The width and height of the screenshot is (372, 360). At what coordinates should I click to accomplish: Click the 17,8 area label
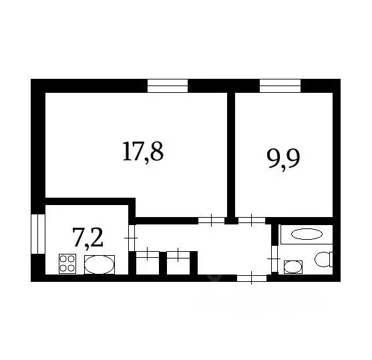[x=142, y=152]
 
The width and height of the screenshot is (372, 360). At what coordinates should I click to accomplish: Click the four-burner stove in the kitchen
[x=67, y=264]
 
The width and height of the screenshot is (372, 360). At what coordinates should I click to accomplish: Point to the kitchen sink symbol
[x=99, y=264]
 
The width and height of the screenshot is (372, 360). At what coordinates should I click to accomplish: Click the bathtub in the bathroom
[x=306, y=234]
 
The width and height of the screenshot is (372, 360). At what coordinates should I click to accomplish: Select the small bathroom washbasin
[x=293, y=266]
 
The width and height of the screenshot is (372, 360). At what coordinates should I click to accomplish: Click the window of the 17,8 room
[x=168, y=85]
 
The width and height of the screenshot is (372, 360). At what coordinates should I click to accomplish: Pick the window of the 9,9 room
[x=280, y=85]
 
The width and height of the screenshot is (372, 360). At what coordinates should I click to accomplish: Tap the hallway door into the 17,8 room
[x=211, y=220]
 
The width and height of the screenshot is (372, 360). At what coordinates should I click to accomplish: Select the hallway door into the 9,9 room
[x=252, y=220]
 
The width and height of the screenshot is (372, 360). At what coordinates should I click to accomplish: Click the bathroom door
[x=274, y=257]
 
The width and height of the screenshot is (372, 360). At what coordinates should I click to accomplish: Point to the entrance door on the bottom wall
[x=251, y=277]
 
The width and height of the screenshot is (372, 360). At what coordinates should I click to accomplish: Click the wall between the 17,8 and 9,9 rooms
[x=230, y=154]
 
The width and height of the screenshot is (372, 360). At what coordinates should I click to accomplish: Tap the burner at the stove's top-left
[x=63, y=259]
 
